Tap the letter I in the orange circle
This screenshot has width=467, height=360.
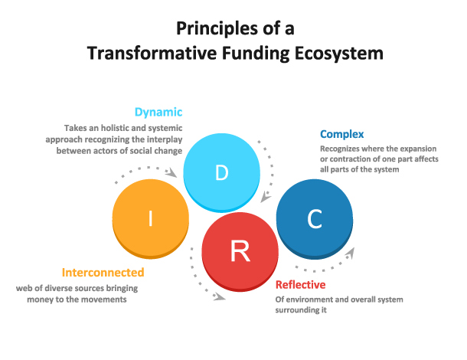point(151,221)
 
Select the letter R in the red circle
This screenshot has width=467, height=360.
point(240,250)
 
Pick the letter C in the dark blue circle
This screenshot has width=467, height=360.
point(314,221)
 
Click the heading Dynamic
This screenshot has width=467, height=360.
point(158,111)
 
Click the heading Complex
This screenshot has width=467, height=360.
point(341,134)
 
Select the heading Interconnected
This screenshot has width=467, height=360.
point(103,273)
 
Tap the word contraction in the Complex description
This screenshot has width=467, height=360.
point(346,159)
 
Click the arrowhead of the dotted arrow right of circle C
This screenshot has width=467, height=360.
point(351,251)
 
